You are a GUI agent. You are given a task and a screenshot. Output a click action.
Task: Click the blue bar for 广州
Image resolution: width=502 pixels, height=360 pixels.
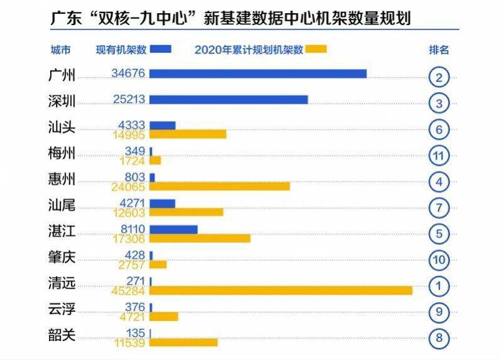(257, 74)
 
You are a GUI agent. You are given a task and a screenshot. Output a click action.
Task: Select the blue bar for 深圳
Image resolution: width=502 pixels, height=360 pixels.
(228, 100)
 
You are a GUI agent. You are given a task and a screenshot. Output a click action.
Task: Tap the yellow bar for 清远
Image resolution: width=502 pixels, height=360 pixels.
(280, 290)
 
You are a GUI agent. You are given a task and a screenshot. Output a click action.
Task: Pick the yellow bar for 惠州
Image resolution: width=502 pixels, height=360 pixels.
(220, 186)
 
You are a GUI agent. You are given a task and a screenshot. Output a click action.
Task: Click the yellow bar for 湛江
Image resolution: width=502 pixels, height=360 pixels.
(200, 238)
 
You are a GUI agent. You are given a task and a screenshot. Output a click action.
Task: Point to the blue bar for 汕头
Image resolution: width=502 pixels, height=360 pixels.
(163, 125)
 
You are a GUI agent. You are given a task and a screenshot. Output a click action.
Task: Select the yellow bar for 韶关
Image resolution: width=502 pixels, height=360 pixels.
(183, 342)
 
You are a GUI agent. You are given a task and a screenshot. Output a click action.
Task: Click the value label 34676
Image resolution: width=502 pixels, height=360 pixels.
(128, 73)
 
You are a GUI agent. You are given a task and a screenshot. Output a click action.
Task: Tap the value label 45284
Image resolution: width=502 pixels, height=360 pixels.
(128, 290)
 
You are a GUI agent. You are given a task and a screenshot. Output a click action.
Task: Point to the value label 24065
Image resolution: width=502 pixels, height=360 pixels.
(128, 186)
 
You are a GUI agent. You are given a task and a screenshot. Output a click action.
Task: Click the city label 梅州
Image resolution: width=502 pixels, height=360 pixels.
(61, 154)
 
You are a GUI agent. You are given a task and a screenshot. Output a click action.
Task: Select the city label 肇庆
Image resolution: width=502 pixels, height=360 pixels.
(61, 258)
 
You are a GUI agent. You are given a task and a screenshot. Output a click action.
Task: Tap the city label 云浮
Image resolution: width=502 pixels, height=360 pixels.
(61, 310)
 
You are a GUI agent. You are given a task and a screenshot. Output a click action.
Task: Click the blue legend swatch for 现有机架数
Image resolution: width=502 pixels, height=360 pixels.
(161, 49)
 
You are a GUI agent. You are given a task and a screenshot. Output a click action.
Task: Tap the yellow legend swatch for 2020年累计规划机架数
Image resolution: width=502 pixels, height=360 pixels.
(317, 49)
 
